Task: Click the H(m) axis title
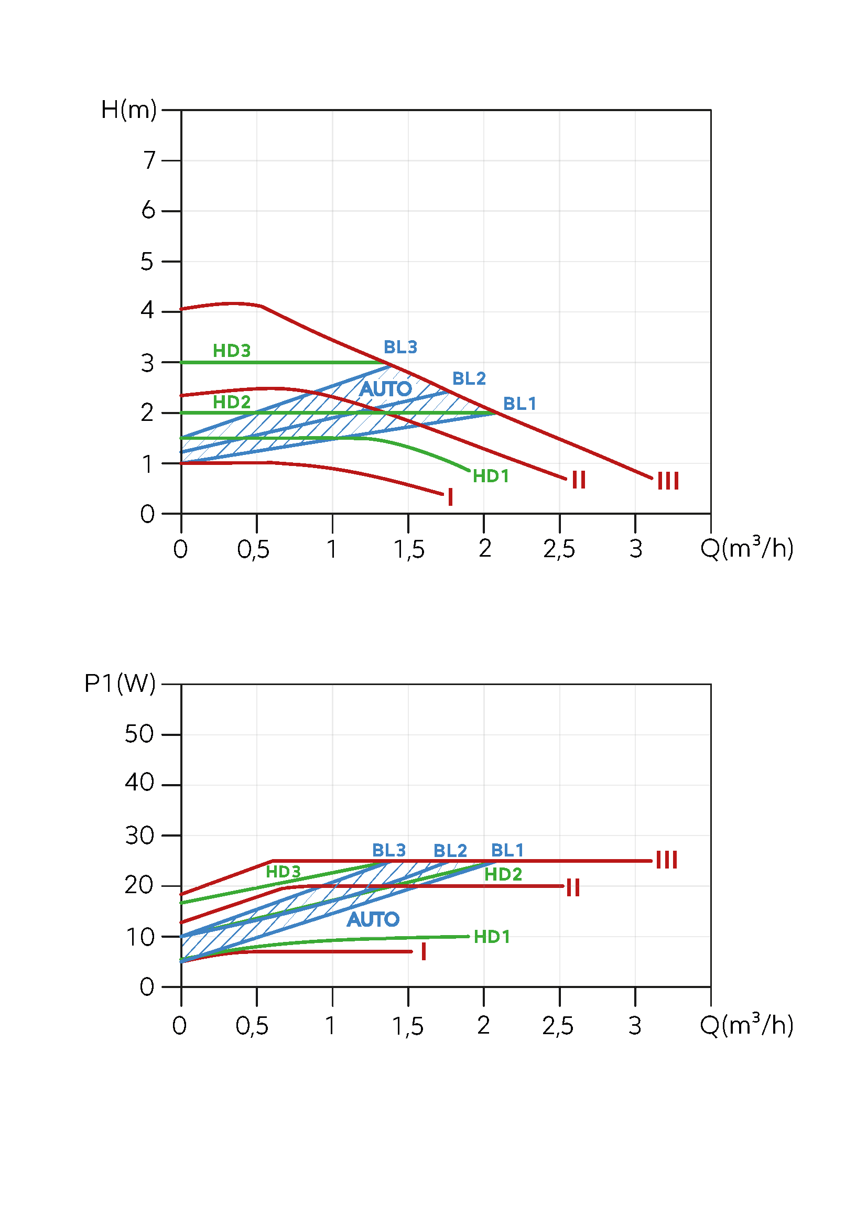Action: pyautogui.click(x=128, y=110)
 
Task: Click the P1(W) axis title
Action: pyautogui.click(x=120, y=683)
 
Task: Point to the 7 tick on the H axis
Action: pyautogui.click(x=149, y=160)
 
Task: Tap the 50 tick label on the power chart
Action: pyautogui.click(x=139, y=734)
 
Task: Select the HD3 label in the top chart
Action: pyautogui.click(x=232, y=351)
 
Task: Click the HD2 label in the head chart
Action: pyautogui.click(x=232, y=402)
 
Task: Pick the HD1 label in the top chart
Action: pyautogui.click(x=491, y=476)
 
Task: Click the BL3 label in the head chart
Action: pyautogui.click(x=400, y=347)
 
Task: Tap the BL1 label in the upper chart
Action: pyautogui.click(x=519, y=404)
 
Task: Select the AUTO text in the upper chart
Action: pyautogui.click(x=385, y=389)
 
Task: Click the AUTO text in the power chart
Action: pyautogui.click(x=373, y=919)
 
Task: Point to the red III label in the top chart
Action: pyautogui.click(x=668, y=481)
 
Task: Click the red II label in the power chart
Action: pyautogui.click(x=573, y=888)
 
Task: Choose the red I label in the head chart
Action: pyautogui.click(x=451, y=497)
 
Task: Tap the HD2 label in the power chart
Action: pyautogui.click(x=503, y=875)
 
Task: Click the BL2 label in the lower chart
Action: pyautogui.click(x=450, y=851)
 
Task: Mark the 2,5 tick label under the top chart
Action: pyautogui.click(x=559, y=549)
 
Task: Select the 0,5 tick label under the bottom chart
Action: pyautogui.click(x=252, y=1026)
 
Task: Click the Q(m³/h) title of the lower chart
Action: pyautogui.click(x=746, y=1025)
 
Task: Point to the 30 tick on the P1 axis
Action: pyautogui.click(x=139, y=836)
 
